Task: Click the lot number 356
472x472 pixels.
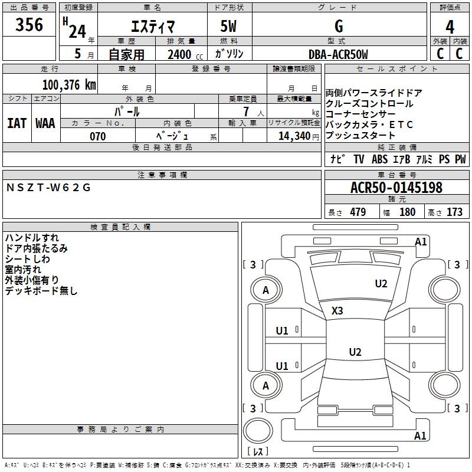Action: click(x=29, y=24)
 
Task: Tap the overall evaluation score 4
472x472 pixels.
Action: click(x=450, y=27)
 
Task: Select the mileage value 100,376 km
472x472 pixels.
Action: click(x=69, y=85)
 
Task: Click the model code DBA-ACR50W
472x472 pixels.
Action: click(x=338, y=54)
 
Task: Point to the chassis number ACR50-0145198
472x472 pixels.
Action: click(x=396, y=187)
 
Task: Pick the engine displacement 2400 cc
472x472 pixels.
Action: click(x=185, y=54)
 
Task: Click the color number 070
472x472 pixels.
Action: click(x=97, y=136)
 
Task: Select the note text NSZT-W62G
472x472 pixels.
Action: click(x=48, y=188)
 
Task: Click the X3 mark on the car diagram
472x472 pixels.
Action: click(x=337, y=310)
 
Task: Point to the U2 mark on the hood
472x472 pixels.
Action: click(x=381, y=284)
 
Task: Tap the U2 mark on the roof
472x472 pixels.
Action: click(x=355, y=352)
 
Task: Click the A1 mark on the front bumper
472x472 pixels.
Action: click(x=421, y=242)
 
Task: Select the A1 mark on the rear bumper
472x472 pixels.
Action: click(x=420, y=435)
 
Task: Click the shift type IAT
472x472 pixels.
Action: click(x=17, y=123)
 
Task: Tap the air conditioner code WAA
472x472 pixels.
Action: click(x=45, y=123)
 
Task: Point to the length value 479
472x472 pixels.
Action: click(x=358, y=212)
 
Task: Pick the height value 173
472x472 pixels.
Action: click(x=454, y=212)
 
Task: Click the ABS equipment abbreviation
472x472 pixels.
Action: click(x=379, y=159)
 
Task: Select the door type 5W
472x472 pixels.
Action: click(x=228, y=26)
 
